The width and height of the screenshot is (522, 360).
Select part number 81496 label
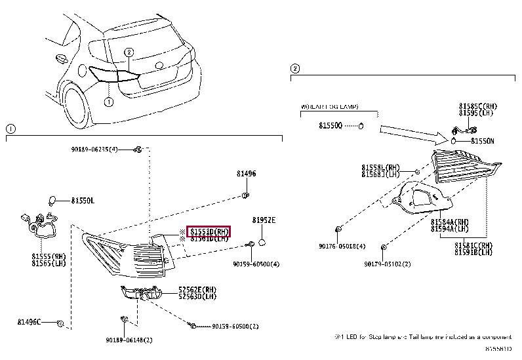tap(246, 174)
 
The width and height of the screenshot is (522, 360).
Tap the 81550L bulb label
tap(83, 200)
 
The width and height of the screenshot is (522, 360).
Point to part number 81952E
tap(264, 220)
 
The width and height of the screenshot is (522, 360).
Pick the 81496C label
tap(30, 322)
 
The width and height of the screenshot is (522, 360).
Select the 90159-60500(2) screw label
tap(235, 326)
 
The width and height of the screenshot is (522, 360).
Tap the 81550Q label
tap(331, 125)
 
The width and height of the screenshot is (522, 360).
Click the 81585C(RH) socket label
tap(477, 106)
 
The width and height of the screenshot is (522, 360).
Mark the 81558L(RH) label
tap(380, 167)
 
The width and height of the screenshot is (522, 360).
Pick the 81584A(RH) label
tap(450, 222)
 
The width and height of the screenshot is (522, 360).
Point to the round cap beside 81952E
tap(261, 243)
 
